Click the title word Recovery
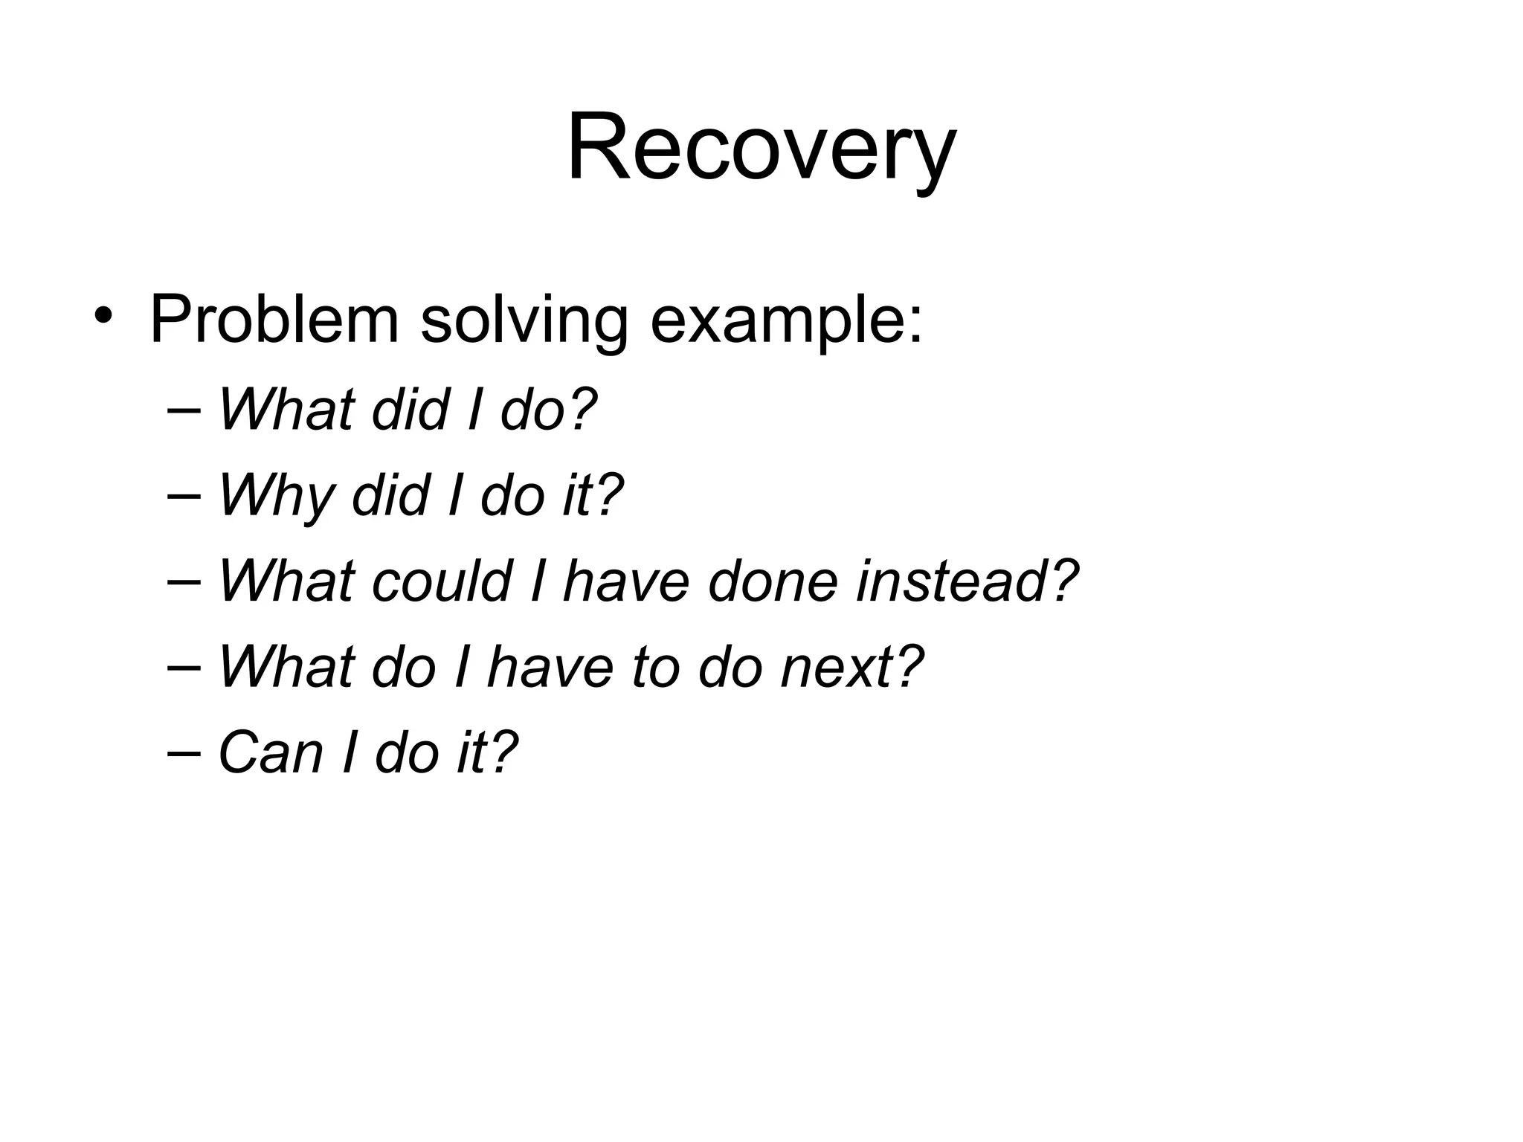pos(761,149)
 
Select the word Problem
pos(274,320)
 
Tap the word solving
pos(524,321)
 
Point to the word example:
pos(786,321)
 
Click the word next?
pos(852,667)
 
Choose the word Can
pos(271,752)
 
